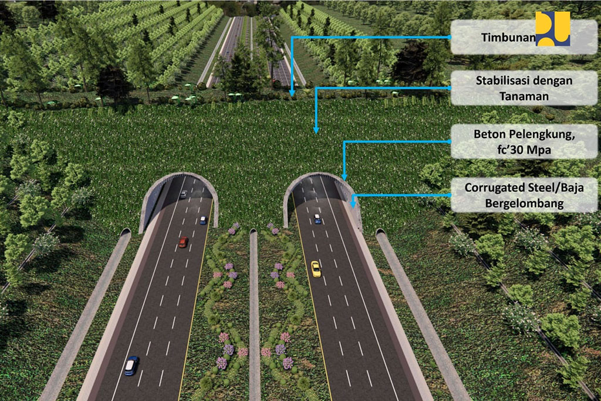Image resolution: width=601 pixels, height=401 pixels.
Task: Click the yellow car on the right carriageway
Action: tap(316, 268)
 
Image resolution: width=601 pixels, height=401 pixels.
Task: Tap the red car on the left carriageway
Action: tap(183, 242)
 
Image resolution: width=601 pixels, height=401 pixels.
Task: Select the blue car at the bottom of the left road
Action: tap(131, 366)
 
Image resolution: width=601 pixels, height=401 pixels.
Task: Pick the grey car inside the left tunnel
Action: tap(184, 195)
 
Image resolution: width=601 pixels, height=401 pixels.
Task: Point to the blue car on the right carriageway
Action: tap(318, 219)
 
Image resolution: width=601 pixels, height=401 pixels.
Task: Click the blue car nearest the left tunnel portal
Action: tap(203, 220)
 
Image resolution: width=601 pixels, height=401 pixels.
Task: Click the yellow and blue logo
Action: tap(553, 29)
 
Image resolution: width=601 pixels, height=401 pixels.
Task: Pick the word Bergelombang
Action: tap(526, 203)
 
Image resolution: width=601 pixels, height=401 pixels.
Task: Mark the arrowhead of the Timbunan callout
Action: tap(292, 92)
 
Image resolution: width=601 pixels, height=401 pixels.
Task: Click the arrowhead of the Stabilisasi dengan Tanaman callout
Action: tap(316, 130)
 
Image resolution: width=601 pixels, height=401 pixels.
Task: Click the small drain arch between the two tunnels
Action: tap(253, 235)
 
